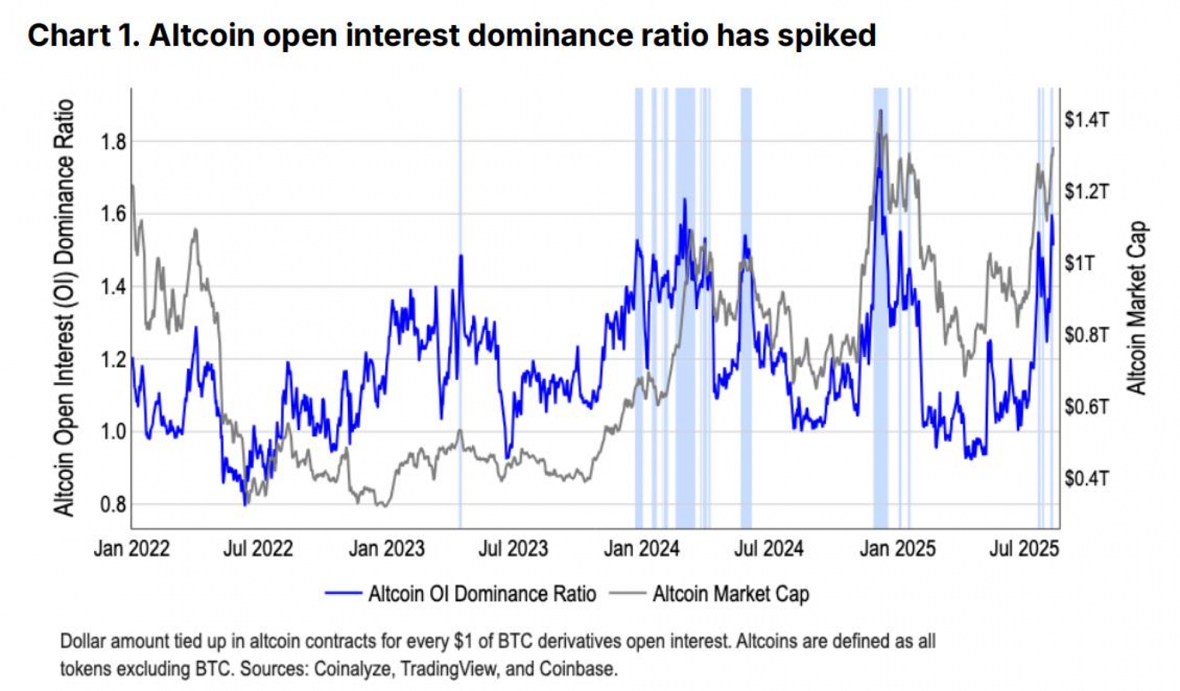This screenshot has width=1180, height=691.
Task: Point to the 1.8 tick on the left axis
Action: [x=113, y=142]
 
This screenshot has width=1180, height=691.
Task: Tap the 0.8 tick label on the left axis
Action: [x=113, y=505]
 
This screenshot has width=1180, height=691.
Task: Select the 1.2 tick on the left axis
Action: [x=113, y=359]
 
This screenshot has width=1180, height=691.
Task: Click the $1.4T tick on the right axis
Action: [x=1087, y=120]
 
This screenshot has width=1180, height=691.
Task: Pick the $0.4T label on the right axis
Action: [x=1087, y=478]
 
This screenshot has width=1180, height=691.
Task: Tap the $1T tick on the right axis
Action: [x=1079, y=263]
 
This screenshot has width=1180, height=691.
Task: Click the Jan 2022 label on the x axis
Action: [x=132, y=548]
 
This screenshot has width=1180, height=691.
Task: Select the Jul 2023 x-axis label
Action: [x=513, y=548]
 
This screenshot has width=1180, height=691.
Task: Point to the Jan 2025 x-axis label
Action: [x=897, y=548]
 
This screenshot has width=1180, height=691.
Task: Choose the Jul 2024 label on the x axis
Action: [x=768, y=548]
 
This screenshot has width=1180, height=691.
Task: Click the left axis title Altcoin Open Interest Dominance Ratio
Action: [x=64, y=307]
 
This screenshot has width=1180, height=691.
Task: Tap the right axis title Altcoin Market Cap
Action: [x=1136, y=307]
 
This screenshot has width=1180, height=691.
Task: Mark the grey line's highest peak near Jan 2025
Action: [x=881, y=111]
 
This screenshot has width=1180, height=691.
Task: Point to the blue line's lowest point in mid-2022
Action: [x=245, y=505]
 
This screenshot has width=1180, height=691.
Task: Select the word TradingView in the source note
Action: [x=448, y=668]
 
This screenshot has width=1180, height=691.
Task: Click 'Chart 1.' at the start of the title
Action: [x=84, y=35]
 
